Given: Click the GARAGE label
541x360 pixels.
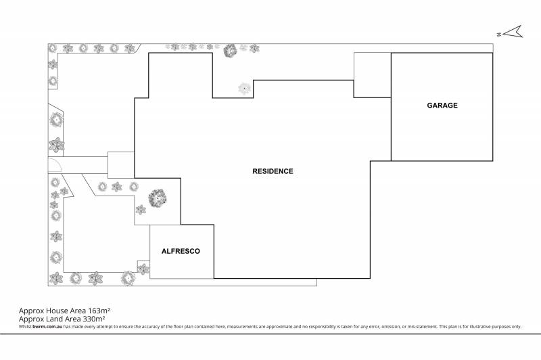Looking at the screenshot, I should point(442,106).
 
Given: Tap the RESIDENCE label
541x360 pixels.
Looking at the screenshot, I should point(273,171).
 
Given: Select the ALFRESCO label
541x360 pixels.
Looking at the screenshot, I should point(181,251).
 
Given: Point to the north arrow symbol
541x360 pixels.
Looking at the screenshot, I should point(511,31).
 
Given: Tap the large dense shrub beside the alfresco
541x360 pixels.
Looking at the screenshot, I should point(158,198).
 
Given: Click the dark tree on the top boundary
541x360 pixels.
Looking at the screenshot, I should point(230,49).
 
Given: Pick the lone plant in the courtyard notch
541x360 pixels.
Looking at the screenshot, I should point(243,88).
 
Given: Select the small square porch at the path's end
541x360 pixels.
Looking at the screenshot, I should point(121,164).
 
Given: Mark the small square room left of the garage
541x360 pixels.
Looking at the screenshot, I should point(372,75).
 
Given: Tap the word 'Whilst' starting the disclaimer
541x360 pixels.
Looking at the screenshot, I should point(25,327).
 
